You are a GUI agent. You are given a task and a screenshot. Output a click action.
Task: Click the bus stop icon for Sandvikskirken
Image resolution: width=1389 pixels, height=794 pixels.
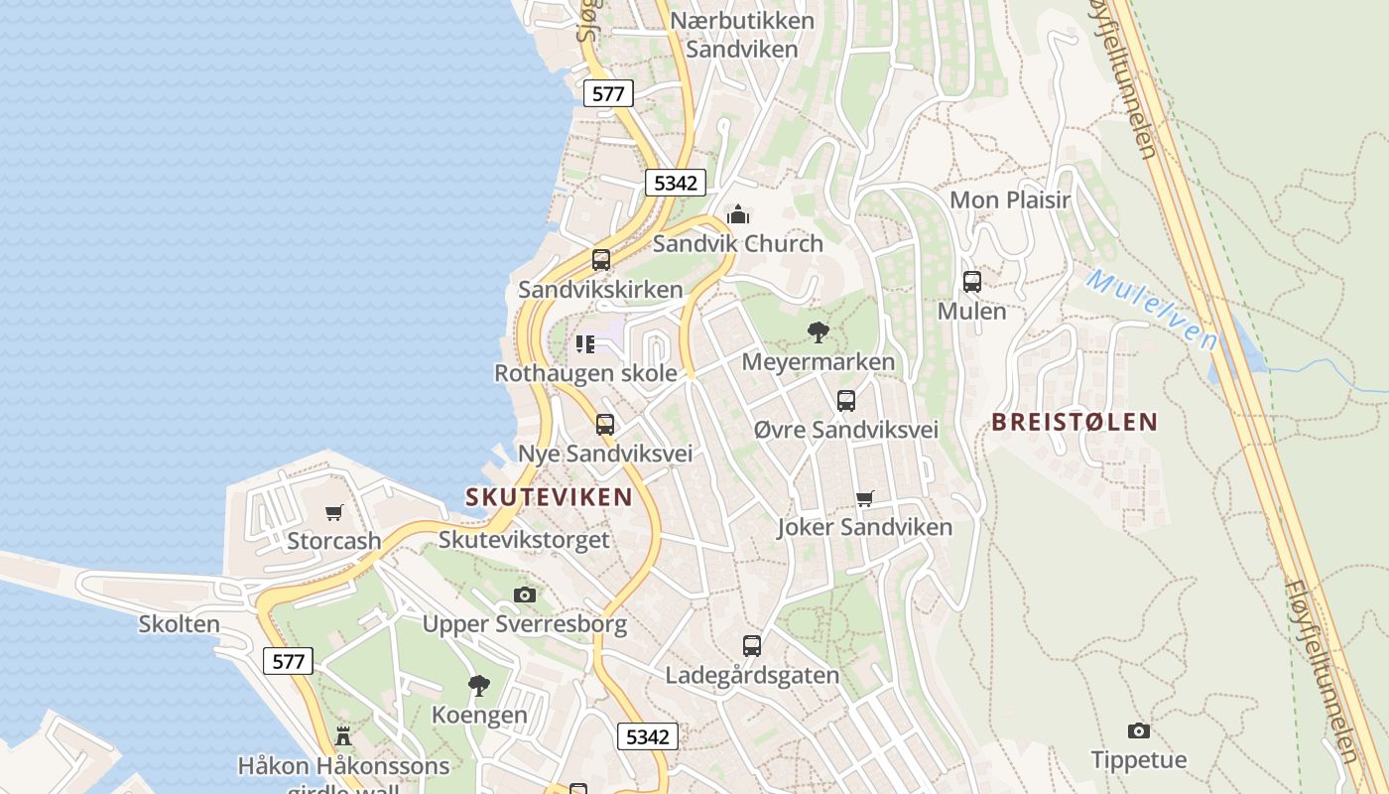pyautogui.click(x=601, y=260)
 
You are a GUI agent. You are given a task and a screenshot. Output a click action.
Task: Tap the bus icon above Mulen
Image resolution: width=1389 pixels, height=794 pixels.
pyautogui.click(x=972, y=281)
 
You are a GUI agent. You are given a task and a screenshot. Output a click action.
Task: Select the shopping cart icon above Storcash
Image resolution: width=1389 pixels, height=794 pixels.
pyautogui.click(x=334, y=512)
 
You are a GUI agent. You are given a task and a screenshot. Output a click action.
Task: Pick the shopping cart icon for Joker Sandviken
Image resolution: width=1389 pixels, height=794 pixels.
pyautogui.click(x=865, y=498)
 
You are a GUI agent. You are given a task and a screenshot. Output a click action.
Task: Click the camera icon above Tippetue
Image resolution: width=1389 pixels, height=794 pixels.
pyautogui.click(x=1139, y=731)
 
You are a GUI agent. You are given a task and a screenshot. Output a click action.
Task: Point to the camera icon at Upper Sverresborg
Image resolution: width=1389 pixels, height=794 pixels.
pyautogui.click(x=525, y=595)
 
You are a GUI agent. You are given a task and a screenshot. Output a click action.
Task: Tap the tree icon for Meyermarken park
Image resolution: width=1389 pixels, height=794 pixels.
pyautogui.click(x=819, y=332)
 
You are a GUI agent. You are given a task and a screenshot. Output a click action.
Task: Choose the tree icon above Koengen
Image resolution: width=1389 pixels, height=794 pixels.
pyautogui.click(x=479, y=685)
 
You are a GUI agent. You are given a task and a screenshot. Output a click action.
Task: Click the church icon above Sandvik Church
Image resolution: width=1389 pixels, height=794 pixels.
pyautogui.click(x=738, y=214)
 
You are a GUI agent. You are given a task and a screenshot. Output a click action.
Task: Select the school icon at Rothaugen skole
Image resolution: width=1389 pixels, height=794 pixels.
pyautogui.click(x=585, y=344)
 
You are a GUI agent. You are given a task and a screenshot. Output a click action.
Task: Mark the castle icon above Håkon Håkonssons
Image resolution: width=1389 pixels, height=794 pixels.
pyautogui.click(x=343, y=736)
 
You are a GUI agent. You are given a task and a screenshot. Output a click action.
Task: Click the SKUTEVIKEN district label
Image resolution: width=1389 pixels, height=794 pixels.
pyautogui.click(x=549, y=497)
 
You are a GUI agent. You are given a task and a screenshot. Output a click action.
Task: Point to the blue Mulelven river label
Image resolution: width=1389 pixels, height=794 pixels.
pyautogui.click(x=1151, y=309)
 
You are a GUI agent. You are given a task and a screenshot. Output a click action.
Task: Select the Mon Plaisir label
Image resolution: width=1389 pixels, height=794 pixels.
pyautogui.click(x=1010, y=199)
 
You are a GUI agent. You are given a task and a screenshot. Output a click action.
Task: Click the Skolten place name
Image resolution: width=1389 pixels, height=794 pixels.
pyautogui.click(x=180, y=624)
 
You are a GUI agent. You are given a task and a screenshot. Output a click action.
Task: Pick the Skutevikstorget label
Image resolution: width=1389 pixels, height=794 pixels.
pyautogui.click(x=524, y=540)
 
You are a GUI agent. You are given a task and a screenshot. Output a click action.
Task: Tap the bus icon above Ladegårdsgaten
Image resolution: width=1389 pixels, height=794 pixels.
pyautogui.click(x=752, y=646)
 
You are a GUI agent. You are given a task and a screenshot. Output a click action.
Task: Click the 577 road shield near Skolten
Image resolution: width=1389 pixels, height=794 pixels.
pyautogui.click(x=289, y=661)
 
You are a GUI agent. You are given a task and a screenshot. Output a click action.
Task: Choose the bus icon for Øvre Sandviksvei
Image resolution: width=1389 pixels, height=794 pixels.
pyautogui.click(x=846, y=401)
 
